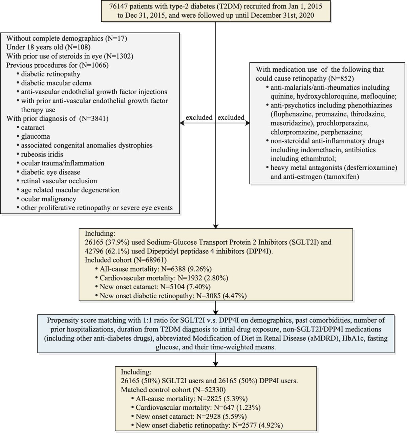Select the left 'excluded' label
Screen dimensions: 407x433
[x=199, y=117]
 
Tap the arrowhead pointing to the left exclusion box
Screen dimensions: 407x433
[x=182, y=123]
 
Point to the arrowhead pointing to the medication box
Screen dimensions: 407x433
[x=247, y=123]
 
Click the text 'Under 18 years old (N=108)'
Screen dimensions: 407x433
[x=48, y=47]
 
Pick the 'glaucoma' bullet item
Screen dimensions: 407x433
[x=35, y=136]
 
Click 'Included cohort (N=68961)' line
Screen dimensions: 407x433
[x=126, y=260]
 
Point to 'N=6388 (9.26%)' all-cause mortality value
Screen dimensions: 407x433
[x=186, y=269]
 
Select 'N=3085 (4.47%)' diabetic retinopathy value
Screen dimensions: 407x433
[x=221, y=296]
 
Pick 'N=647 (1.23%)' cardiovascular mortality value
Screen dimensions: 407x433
[x=237, y=408]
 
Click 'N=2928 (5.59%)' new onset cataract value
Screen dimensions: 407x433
[x=221, y=416]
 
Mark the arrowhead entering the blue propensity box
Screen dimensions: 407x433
[x=216, y=312]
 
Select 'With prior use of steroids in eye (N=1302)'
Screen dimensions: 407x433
[x=70, y=56]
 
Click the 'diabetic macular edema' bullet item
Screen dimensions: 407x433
[x=56, y=83]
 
